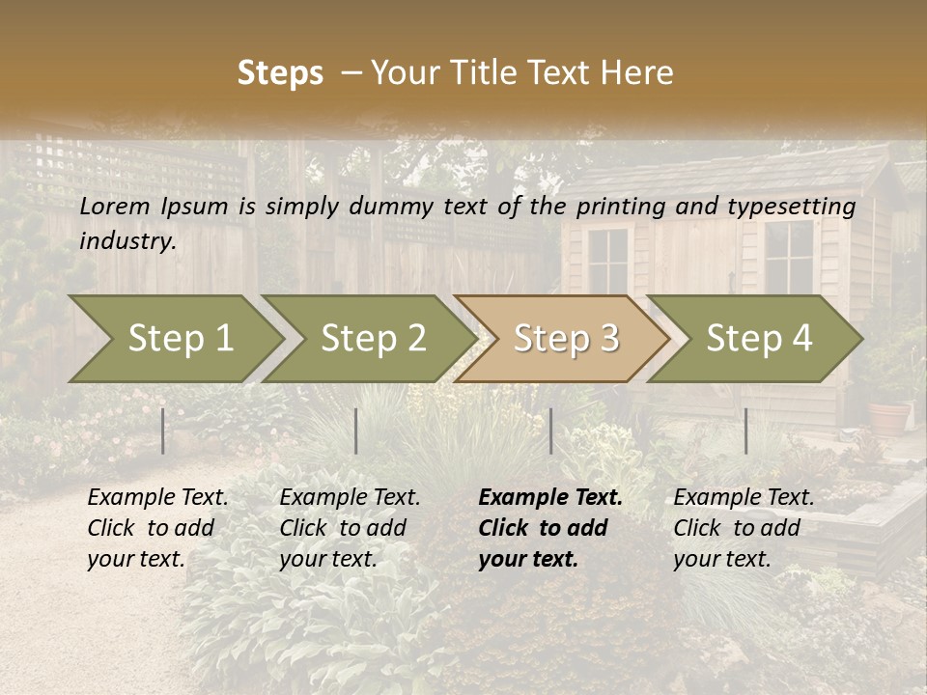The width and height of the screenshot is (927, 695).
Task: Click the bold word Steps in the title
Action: tap(280, 73)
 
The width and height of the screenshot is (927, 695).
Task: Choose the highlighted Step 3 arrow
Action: tap(566, 339)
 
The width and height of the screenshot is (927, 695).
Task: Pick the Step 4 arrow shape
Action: tap(759, 339)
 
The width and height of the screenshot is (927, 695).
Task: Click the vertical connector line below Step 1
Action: tap(163, 431)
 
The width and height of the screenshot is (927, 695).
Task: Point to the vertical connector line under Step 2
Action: tap(356, 431)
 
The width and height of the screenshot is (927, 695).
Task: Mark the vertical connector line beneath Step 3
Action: tap(550, 431)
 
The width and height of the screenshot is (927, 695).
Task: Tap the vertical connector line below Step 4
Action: tap(745, 431)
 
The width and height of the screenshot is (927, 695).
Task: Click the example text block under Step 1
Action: tap(157, 528)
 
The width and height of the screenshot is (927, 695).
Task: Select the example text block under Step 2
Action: tap(350, 528)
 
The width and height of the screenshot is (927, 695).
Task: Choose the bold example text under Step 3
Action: tap(550, 528)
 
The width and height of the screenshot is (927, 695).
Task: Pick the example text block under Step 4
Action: tap(744, 528)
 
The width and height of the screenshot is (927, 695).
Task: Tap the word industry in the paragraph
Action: tap(127, 241)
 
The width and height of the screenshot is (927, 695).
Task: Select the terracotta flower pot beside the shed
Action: tap(888, 417)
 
